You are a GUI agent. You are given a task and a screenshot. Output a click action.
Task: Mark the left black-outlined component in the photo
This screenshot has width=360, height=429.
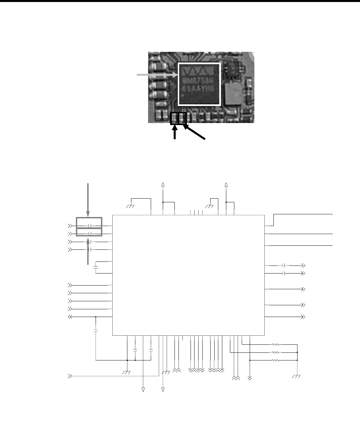coord(174,118)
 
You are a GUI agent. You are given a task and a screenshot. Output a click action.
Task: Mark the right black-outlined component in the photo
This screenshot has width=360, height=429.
coord(182,118)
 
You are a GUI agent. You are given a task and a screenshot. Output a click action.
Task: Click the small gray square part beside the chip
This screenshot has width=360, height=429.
coord(232,93)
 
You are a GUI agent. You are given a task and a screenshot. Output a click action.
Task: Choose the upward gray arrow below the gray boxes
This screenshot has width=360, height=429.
coord(88,251)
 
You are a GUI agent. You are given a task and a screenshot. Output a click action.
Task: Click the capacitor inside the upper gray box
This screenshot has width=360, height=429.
coord(90,226)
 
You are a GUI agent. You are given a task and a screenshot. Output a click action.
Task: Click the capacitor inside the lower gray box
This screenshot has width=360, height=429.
coord(90,233)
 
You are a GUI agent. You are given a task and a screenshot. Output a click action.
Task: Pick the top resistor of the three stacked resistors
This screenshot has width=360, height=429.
coord(275,344)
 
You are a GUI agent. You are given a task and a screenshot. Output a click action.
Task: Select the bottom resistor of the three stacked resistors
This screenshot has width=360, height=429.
coord(275,360)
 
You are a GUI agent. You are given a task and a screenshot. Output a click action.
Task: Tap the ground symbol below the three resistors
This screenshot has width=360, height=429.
coord(296,377)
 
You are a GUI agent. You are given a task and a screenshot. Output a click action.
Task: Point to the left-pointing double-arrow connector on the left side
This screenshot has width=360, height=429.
coord(71,317)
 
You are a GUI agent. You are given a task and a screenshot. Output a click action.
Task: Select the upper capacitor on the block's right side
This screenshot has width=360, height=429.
coord(283,265)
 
